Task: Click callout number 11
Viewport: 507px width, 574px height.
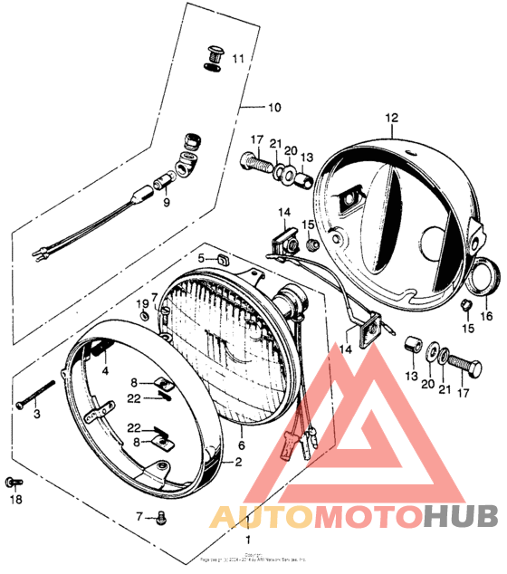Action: tap(238, 59)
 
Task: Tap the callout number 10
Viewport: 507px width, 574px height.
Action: tap(274, 105)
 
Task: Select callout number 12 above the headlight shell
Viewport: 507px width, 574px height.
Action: tap(391, 118)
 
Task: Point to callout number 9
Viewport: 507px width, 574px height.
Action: tap(166, 202)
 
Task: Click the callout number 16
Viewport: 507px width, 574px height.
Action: tap(486, 316)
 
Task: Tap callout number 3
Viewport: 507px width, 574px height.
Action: tap(37, 415)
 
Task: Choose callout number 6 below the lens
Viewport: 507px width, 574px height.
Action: tap(242, 445)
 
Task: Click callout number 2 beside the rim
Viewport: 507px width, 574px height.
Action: tap(238, 463)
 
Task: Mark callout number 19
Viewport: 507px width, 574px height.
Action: tap(142, 301)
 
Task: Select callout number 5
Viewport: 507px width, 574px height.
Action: tap(202, 259)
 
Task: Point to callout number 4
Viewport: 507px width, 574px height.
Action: tap(104, 371)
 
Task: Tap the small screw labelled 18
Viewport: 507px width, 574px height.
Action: tap(12, 482)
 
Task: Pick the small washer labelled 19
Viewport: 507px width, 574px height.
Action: tap(146, 316)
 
